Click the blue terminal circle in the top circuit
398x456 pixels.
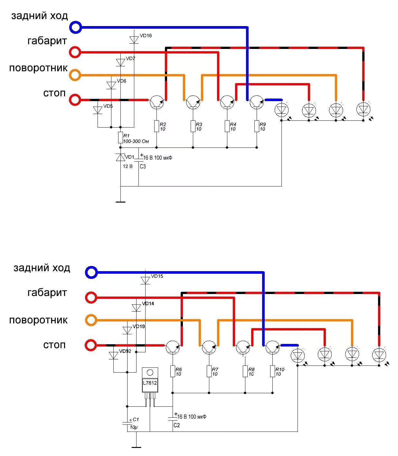tap(75, 27)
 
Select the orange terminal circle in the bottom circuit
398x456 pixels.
tap(91, 320)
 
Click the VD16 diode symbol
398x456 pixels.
tap(134, 40)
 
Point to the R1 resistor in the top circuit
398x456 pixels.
tap(120, 138)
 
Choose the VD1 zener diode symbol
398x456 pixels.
tap(120, 157)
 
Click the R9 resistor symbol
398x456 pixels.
tap(257, 126)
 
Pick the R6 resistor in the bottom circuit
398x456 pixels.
tap(173, 371)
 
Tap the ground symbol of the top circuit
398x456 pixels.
tap(120, 202)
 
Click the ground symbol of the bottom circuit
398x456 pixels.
tap(136, 447)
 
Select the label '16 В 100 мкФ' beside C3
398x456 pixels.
tap(158, 158)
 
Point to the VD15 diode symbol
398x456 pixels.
tap(145, 280)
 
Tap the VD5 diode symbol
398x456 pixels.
tap(98, 110)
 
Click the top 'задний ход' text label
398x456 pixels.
tap(40, 16)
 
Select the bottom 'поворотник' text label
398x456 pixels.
tap(38, 320)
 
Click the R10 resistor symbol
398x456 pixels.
tap(272, 371)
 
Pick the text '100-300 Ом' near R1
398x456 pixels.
tap(136, 141)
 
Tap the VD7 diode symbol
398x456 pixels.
tap(120, 62)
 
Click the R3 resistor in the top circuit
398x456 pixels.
tap(193, 126)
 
